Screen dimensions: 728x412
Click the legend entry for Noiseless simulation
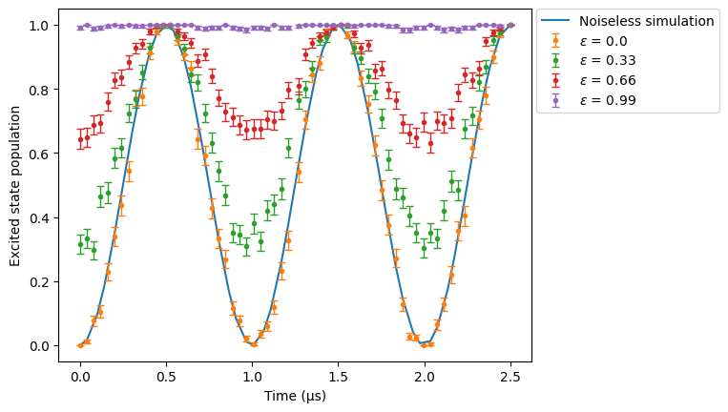[627, 21]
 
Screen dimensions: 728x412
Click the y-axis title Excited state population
[15, 187]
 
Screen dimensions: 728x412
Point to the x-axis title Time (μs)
[295, 396]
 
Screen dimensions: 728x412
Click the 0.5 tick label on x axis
[166, 377]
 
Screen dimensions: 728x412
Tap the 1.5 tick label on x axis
[339, 377]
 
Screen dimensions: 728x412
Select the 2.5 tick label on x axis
[510, 377]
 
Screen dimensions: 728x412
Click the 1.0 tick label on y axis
[38, 26]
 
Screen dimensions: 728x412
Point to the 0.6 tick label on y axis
[38, 154]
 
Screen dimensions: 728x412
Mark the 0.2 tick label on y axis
[38, 282]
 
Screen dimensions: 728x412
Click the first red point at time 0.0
[81, 139]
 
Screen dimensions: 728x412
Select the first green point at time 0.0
[81, 244]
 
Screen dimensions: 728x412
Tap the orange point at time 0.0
[81, 345]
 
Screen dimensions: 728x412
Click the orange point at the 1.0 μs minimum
[254, 344]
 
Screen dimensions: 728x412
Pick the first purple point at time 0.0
[81, 28]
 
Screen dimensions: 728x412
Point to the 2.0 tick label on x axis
[425, 377]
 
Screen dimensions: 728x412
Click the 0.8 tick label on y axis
[38, 90]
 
